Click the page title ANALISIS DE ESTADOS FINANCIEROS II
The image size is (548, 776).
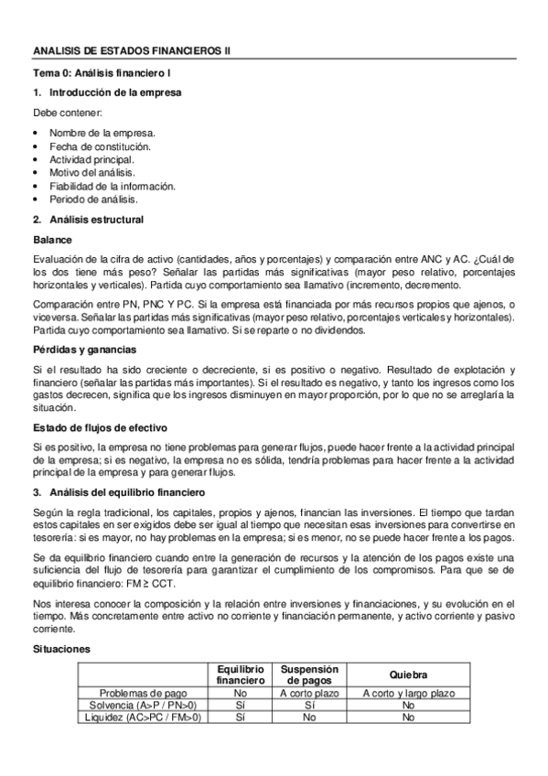click(132, 52)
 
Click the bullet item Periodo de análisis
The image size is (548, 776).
click(92, 199)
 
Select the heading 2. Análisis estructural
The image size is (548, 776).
click(87, 220)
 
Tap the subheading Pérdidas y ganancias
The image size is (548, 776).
click(80, 350)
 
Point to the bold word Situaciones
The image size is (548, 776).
click(57, 648)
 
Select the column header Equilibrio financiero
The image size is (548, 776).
click(241, 674)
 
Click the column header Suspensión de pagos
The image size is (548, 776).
click(309, 674)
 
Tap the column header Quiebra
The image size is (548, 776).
click(407, 674)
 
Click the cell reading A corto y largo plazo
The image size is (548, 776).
click(407, 693)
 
